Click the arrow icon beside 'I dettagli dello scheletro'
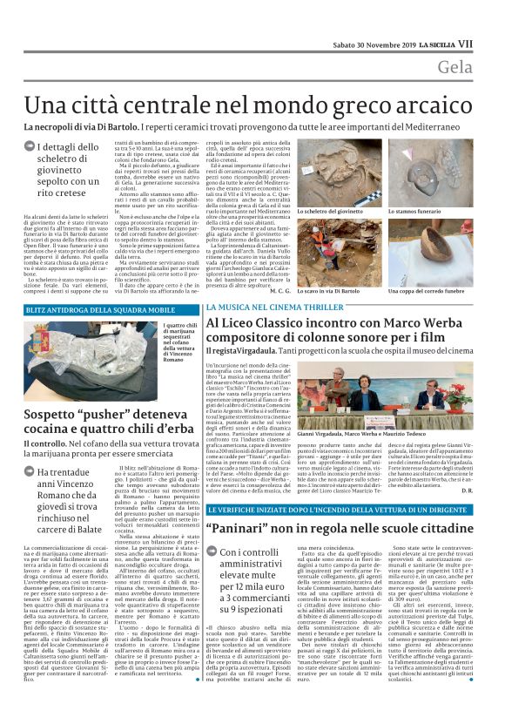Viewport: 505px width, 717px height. pyautogui.click(x=30, y=147)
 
